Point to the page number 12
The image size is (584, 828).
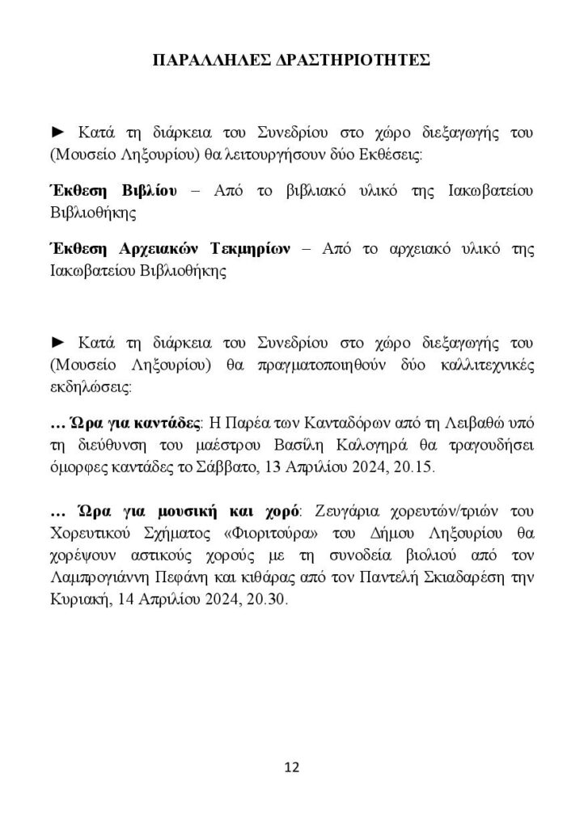292,767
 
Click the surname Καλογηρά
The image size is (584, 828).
373,445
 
